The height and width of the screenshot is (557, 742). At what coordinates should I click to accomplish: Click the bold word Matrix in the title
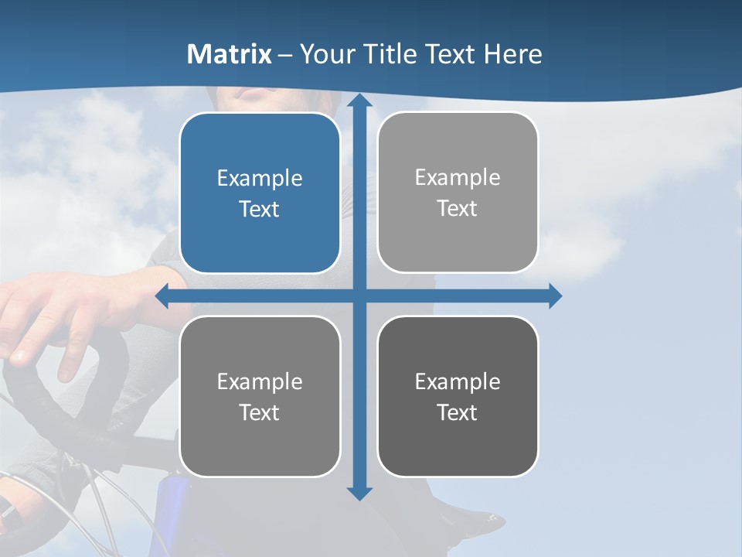230,54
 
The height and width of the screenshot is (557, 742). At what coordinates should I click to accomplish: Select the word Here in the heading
513,54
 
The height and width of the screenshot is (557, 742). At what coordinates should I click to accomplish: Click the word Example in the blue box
260,179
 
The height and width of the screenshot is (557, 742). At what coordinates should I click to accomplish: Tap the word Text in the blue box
260,210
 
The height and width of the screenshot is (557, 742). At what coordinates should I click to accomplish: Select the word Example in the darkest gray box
458,381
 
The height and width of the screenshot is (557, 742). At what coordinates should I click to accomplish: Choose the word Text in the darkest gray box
458,412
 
